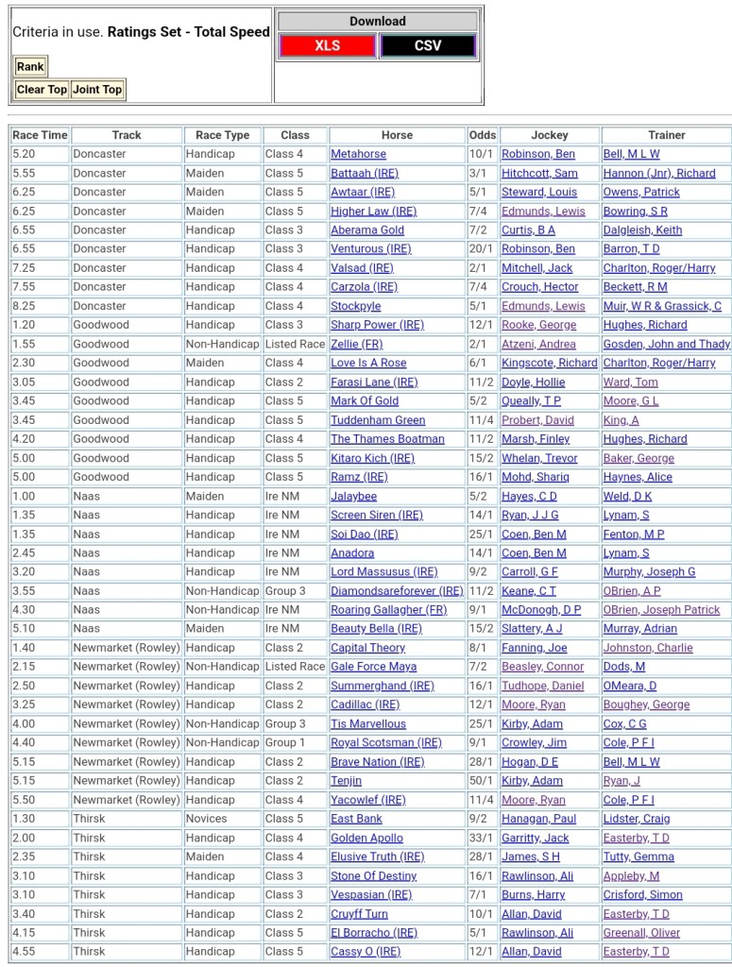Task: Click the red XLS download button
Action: click(x=327, y=45)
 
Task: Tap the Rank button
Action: click(x=30, y=66)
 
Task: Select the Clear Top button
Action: click(x=42, y=90)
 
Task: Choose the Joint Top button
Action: click(x=97, y=90)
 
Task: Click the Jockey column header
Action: click(x=550, y=135)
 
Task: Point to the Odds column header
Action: click(x=482, y=135)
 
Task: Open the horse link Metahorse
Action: click(x=358, y=154)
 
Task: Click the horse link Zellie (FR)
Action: click(x=356, y=344)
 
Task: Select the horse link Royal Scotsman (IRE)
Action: click(x=385, y=742)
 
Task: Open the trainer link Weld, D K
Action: click(x=627, y=496)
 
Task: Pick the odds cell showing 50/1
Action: click(x=482, y=780)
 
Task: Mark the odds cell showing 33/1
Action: click(x=482, y=838)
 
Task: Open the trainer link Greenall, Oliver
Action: click(x=641, y=932)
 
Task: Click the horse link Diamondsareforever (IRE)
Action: click(x=397, y=590)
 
